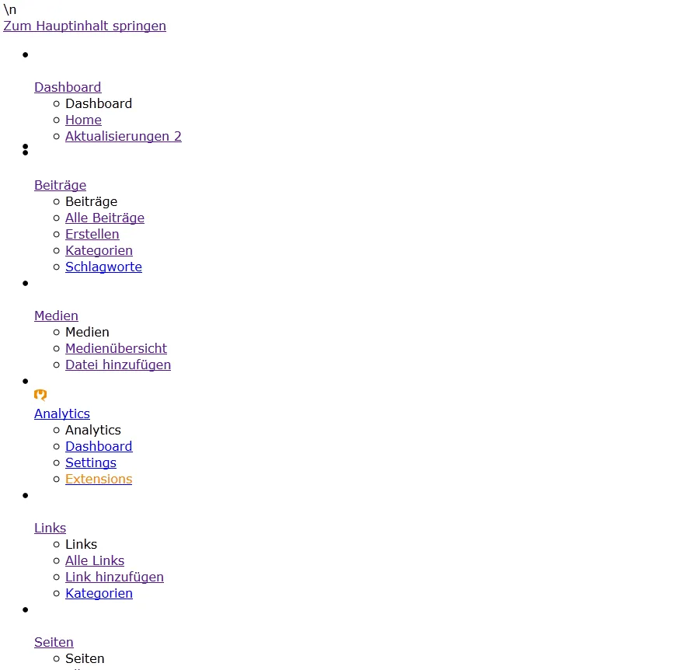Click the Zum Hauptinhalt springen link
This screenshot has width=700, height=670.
(x=85, y=26)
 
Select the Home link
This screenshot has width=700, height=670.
(x=83, y=120)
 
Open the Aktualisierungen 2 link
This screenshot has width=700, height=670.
(x=124, y=136)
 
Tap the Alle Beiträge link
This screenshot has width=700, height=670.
(x=105, y=218)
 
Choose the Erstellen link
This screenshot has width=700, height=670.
(x=92, y=234)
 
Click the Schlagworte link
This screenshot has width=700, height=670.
(x=103, y=267)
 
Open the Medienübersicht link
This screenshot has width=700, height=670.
(x=116, y=348)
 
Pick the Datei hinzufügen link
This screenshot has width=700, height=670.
(x=118, y=365)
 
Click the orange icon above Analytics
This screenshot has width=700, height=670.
(x=40, y=395)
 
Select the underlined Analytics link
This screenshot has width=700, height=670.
(x=62, y=414)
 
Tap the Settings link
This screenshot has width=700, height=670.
(x=91, y=462)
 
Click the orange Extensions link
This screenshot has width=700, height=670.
(x=99, y=479)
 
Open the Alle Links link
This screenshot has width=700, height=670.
(x=95, y=560)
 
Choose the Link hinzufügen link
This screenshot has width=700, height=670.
(x=114, y=577)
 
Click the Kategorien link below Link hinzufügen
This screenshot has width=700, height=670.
(x=99, y=593)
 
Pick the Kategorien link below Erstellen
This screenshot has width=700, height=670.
(x=99, y=250)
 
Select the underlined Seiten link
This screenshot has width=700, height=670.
(x=54, y=642)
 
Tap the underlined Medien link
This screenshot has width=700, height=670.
(x=56, y=316)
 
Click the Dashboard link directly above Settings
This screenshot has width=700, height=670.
(x=99, y=446)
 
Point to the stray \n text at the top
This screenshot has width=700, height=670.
(x=10, y=9)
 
